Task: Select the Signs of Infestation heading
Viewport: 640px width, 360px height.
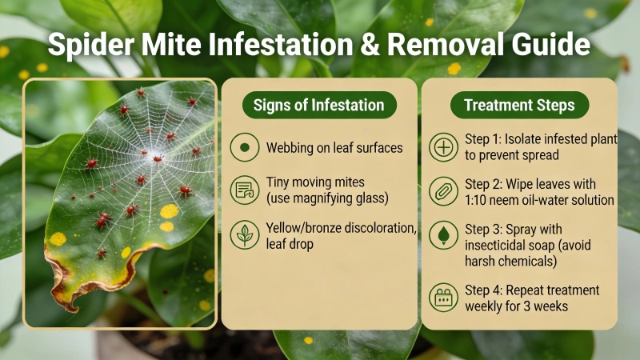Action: [318, 105]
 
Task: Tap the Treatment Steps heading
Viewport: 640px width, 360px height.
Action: [518, 105]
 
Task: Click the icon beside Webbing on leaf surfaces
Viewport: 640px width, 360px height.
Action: [243, 148]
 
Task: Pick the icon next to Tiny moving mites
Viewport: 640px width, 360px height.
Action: [243, 191]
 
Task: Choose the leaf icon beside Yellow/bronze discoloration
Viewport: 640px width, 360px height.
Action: [243, 236]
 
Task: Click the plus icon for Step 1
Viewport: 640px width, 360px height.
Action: [442, 148]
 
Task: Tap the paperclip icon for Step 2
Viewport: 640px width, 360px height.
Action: [442, 193]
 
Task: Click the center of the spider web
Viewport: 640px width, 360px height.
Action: [155, 157]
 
